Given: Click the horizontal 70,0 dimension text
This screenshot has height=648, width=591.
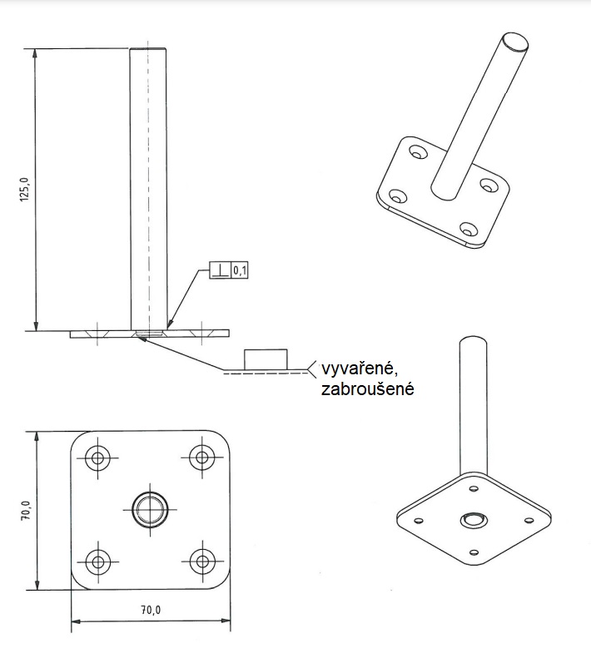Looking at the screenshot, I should pyautogui.click(x=151, y=610).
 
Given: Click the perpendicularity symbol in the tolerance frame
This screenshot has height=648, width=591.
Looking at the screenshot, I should pyautogui.click(x=220, y=270).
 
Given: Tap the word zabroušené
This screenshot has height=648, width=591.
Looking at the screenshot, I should pyautogui.click(x=367, y=388).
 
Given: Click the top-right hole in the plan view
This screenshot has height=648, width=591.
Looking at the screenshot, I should pyautogui.click(x=201, y=458).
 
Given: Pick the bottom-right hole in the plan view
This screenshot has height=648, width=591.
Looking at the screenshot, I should pyautogui.click(x=201, y=560).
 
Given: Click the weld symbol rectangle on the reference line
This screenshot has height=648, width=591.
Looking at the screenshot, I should pyautogui.click(x=265, y=359).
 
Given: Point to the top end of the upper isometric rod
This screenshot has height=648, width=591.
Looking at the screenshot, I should pyautogui.click(x=514, y=42).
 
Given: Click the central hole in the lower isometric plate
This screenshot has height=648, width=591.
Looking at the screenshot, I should pyautogui.click(x=473, y=519).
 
